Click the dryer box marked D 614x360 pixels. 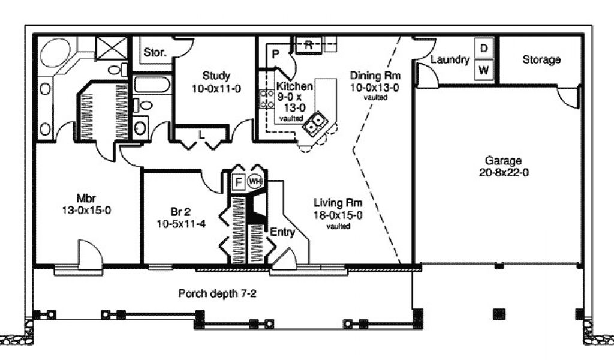484,49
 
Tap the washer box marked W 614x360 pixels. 484,70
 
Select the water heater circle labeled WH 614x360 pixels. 254,181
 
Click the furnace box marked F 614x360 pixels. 238,182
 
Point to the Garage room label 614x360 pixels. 503,160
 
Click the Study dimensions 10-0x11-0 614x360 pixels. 216,89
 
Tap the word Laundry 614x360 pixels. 450,59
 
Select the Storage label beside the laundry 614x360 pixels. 541,59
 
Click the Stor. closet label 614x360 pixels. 155,52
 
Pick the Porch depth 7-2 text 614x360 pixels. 217,293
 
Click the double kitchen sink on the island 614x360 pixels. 315,122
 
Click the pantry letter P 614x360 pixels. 275,54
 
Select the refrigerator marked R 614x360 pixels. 309,44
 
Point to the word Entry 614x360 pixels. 282,232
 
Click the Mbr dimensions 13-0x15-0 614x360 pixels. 86,211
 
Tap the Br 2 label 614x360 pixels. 180,212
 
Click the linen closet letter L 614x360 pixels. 201,135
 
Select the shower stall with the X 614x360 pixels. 112,48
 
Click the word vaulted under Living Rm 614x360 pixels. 338,226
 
